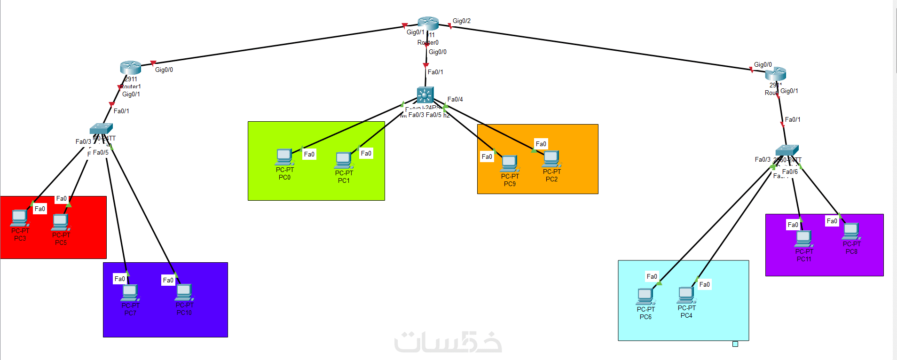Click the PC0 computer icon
pos(284,157)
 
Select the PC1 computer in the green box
pos(343,160)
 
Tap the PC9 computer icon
pos(509,163)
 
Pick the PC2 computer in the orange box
pos(551,158)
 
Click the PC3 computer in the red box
pos(19,218)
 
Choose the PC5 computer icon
pos(61,222)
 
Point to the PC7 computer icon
pos(130,292)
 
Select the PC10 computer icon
pos(184,292)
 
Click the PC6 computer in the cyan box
pos(645,296)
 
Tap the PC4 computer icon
pos(686,295)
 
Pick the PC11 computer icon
pos(803,238)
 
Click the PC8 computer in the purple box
pos(851,231)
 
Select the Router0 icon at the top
pos(428,23)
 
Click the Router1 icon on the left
pos(130,67)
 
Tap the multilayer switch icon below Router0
pos(425,94)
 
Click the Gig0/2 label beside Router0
pos(462,21)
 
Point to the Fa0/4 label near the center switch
pos(455,99)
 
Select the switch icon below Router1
pos(101,128)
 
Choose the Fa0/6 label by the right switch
pos(790,172)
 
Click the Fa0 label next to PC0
pos(309,154)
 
